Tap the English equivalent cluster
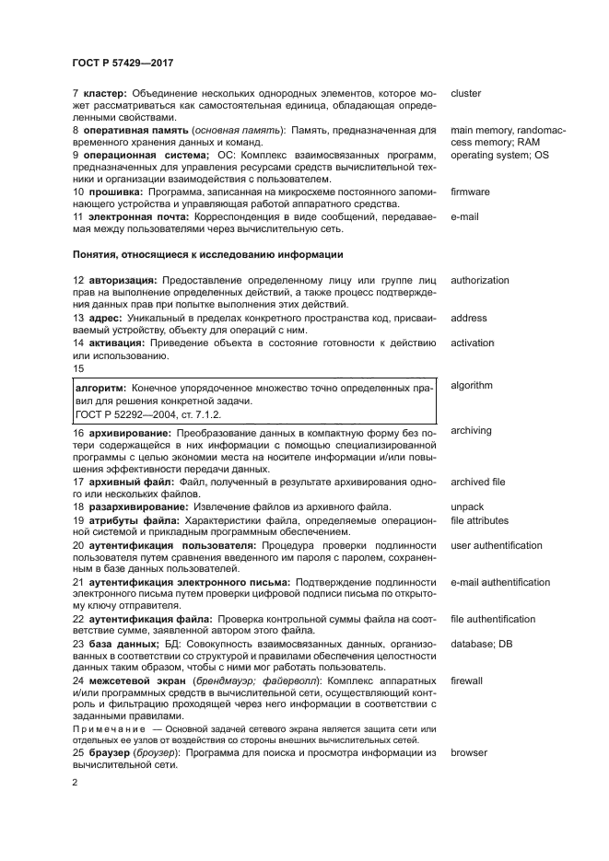pyautogui.click(x=466, y=94)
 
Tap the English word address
pyautogui.click(x=469, y=319)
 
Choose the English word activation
pyautogui.click(x=473, y=343)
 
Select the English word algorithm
pyautogui.click(x=472, y=386)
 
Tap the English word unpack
pyautogui.click(x=467, y=506)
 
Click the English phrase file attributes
pyautogui.click(x=479, y=520)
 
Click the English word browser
pyautogui.click(x=470, y=752)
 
